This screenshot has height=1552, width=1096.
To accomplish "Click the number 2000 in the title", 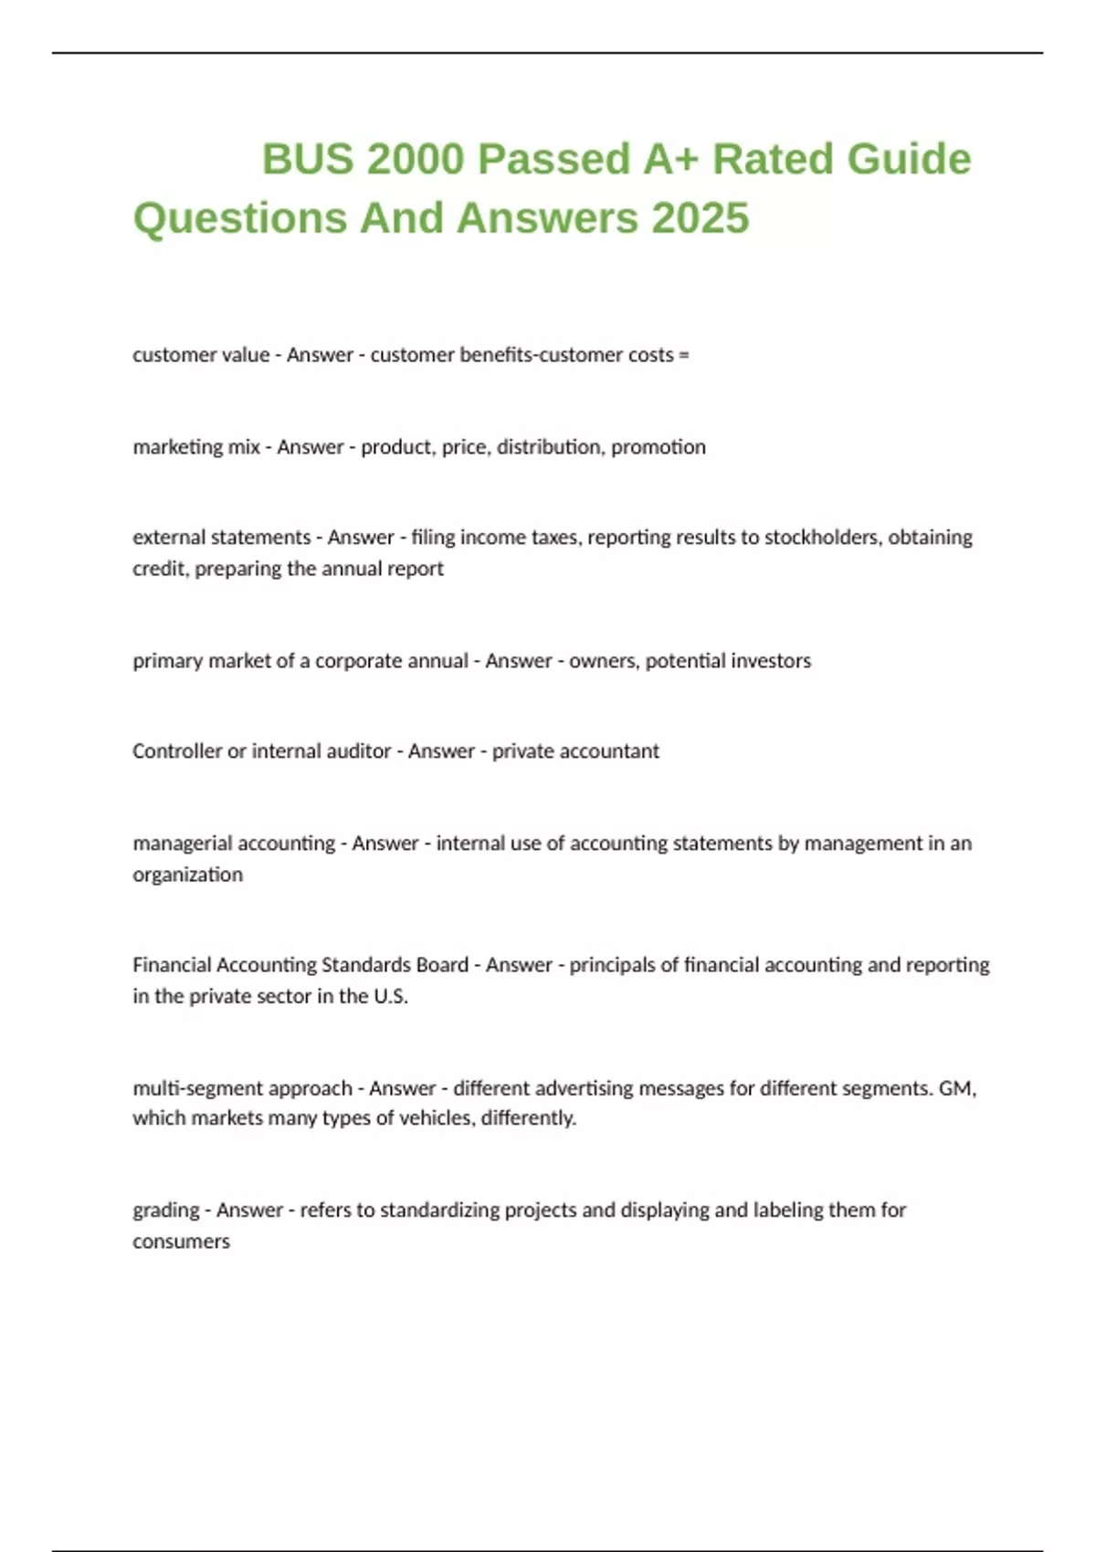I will tap(416, 159).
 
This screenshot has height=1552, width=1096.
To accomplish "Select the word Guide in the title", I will tap(909, 159).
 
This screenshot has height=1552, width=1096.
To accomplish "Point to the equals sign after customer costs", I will tap(684, 355).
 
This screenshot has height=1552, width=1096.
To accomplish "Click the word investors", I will tap(772, 660).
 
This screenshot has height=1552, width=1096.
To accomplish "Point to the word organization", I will tap(187, 875).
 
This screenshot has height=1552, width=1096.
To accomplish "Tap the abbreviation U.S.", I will tap(390, 996).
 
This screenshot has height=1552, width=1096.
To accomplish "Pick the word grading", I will tap(165, 1211).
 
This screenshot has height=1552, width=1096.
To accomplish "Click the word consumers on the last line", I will tap(181, 1242).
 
